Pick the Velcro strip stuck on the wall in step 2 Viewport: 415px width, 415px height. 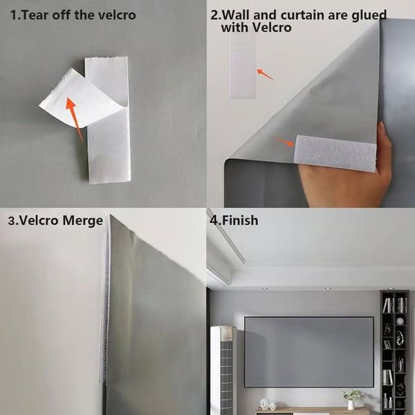[243, 66]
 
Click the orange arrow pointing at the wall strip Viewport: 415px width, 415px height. [265, 73]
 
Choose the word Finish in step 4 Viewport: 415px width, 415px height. [239, 221]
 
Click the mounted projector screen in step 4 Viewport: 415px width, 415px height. [308, 351]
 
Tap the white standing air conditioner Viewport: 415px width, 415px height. [223, 370]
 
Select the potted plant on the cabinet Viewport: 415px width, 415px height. [353, 398]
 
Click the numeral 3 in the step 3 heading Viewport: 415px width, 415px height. [10, 221]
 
